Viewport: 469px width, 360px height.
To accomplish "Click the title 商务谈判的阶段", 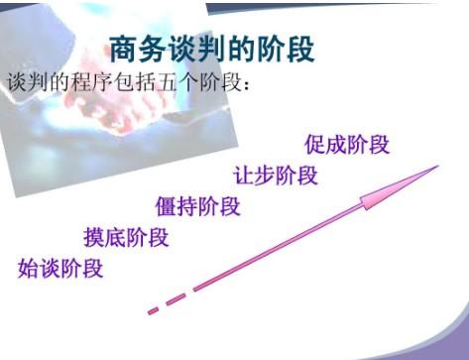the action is click(x=211, y=50).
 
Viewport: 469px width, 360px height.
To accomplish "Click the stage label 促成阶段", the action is click(x=347, y=145).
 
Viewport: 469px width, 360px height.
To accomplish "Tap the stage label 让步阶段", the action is click(x=276, y=176).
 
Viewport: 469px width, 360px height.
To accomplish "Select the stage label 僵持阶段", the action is click(x=197, y=206).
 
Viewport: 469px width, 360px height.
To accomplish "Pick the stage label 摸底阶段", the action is click(x=126, y=237).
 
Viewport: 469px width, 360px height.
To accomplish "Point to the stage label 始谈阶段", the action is click(x=60, y=268).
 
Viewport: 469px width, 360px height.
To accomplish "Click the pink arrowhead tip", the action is click(x=438, y=166).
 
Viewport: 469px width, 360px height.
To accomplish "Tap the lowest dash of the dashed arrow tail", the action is click(x=154, y=310).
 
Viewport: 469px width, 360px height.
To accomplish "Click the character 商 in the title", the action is click(x=123, y=50).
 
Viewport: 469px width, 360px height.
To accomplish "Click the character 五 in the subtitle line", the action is click(x=167, y=82).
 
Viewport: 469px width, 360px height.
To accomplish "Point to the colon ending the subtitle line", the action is click(x=246, y=85).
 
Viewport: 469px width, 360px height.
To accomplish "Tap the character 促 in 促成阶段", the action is click(x=315, y=145).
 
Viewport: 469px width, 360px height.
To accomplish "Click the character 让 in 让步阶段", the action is click(x=244, y=176).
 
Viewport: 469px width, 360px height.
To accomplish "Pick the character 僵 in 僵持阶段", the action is click(x=166, y=206).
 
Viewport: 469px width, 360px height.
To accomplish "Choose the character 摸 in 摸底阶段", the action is click(x=94, y=237).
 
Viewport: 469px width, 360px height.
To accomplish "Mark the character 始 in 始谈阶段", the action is click(x=29, y=268).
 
